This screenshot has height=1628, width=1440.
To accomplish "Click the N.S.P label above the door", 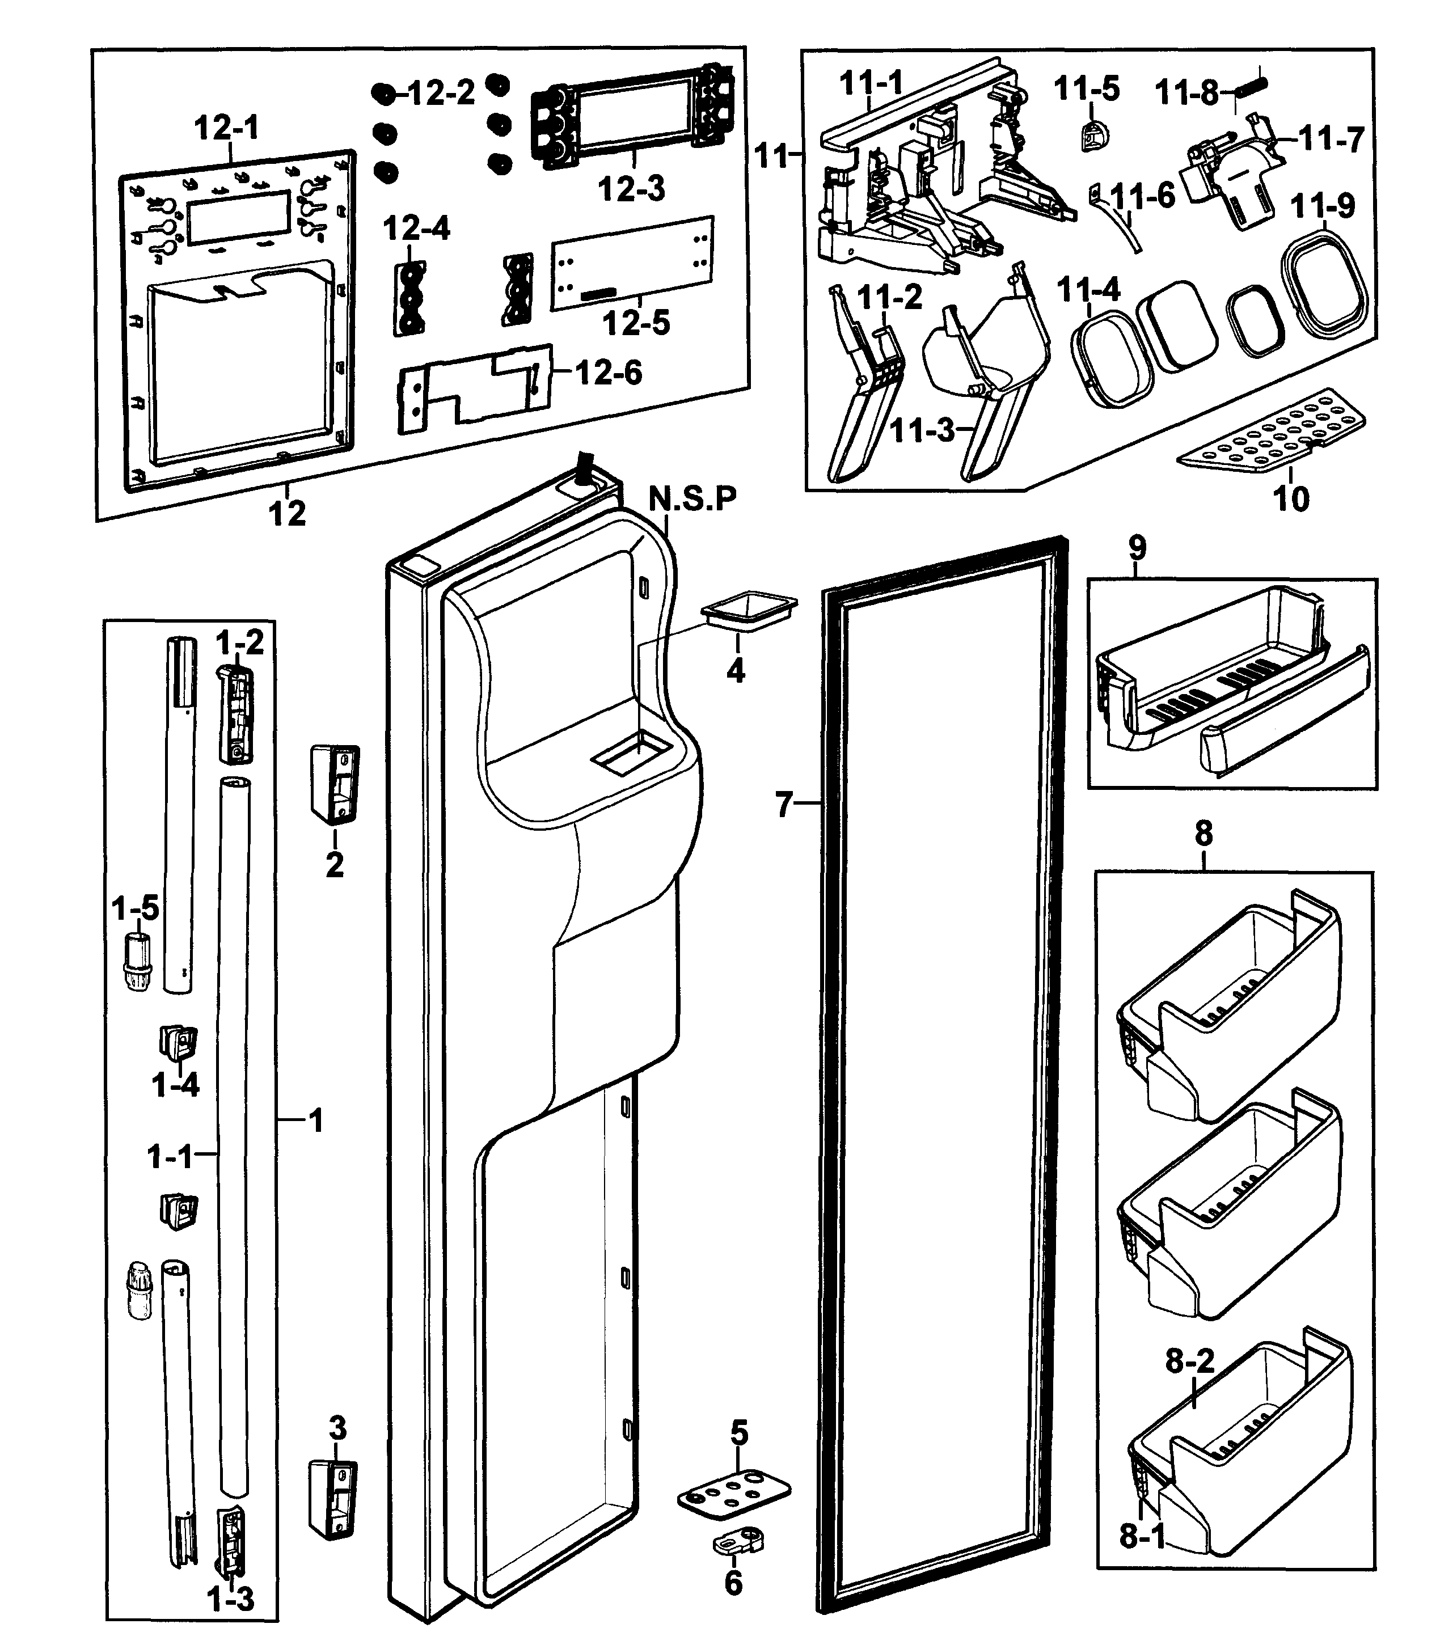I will coord(692,498).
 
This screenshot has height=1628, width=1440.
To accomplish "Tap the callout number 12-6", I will coord(609,372).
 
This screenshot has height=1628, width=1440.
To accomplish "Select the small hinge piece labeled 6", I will coord(737,1541).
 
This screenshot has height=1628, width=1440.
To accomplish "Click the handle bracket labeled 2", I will coord(335,784).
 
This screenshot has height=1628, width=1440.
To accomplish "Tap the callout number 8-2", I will coord(1190,1362).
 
